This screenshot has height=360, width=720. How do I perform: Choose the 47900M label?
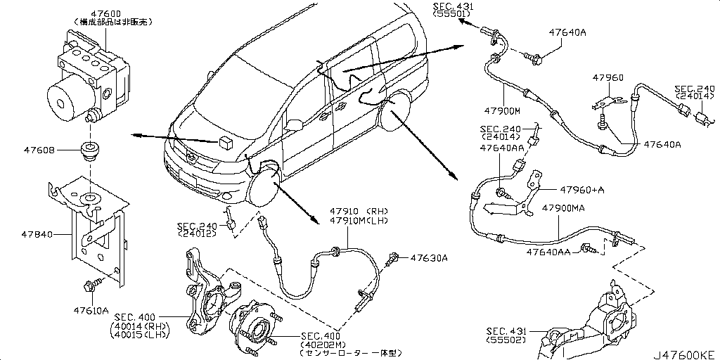[x=501, y=111]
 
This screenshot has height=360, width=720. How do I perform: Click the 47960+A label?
[x=583, y=190]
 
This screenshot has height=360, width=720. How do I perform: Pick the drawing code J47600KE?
[x=686, y=353]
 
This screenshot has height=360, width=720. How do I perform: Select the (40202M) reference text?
[x=322, y=344]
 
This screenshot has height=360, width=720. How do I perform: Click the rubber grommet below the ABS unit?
[x=89, y=150]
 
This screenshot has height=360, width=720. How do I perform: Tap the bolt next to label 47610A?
[x=91, y=285]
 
